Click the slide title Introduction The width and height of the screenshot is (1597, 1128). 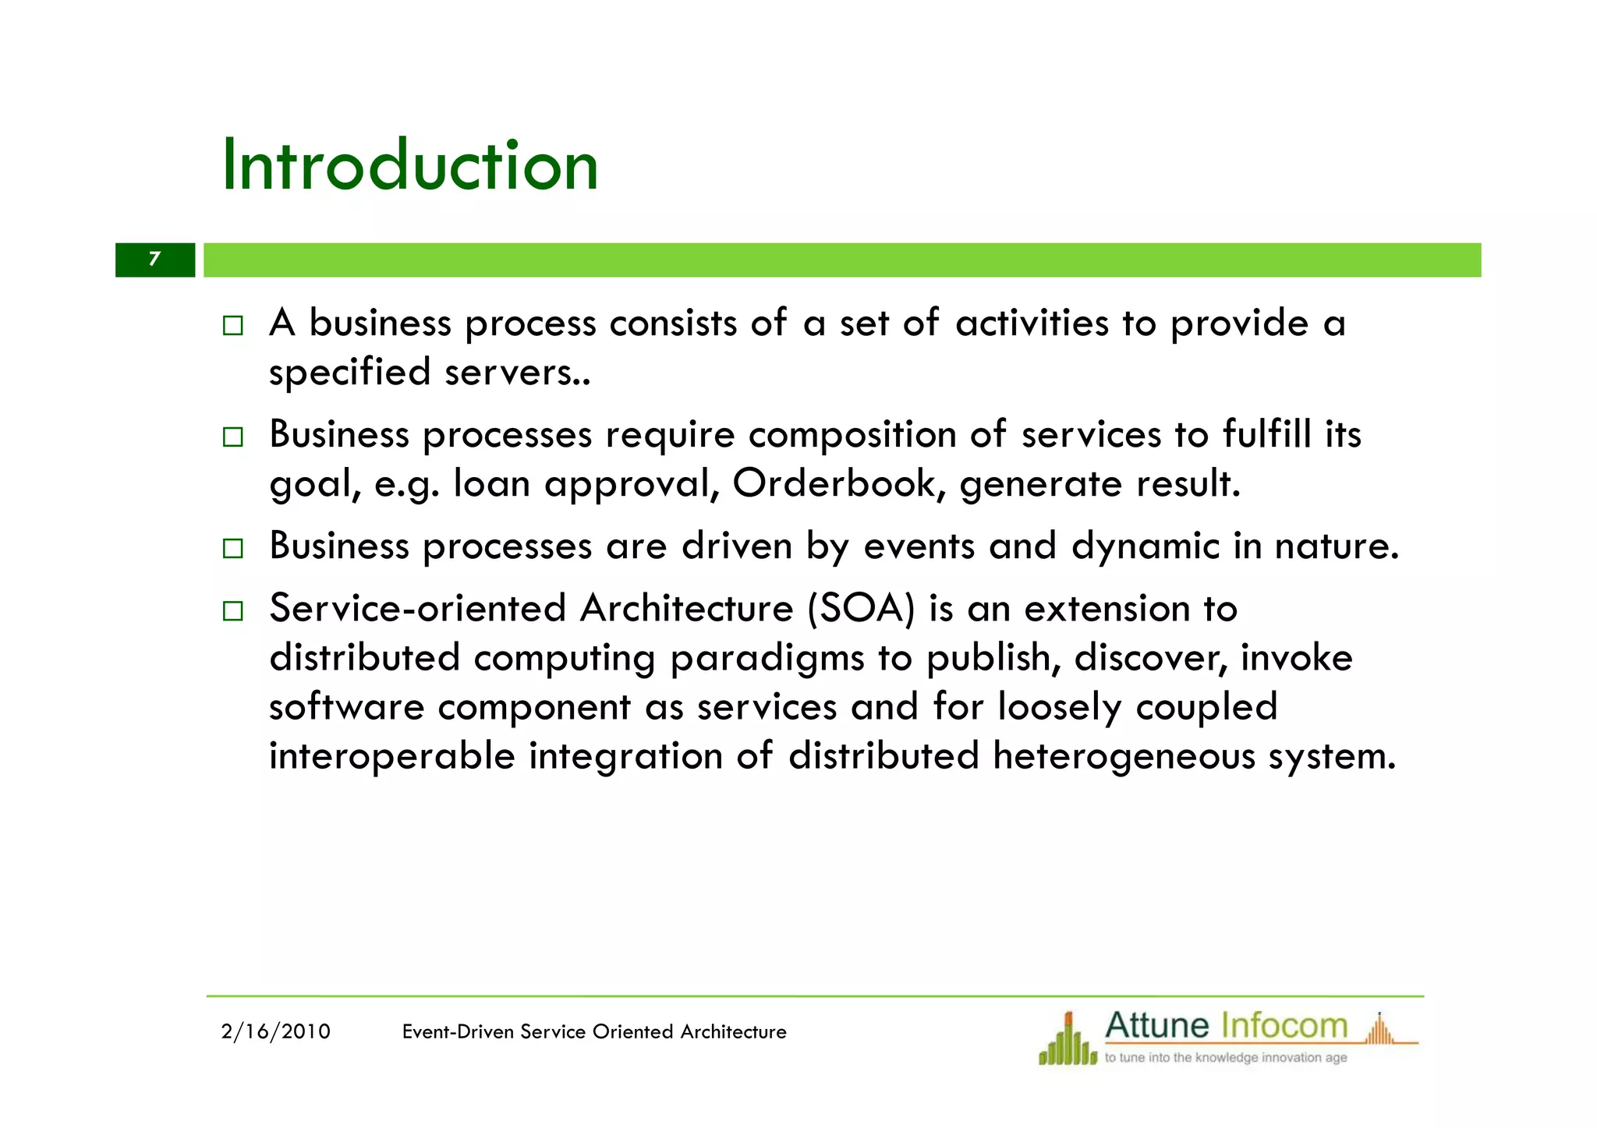[x=409, y=165]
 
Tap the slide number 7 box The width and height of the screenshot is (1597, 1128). [x=155, y=260]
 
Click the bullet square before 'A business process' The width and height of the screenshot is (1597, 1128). [x=232, y=325]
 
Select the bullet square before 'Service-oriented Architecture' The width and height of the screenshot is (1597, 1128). [x=232, y=610]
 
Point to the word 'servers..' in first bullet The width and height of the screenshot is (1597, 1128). [x=517, y=372]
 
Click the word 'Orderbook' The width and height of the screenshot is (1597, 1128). [x=833, y=483]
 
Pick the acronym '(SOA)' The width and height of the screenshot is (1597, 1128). [x=860, y=609]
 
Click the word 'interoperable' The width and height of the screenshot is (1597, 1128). [x=391, y=756]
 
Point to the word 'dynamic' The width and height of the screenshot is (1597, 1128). [x=1145, y=546]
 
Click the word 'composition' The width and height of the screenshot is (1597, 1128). [x=852, y=435]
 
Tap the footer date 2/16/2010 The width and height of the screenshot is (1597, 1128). [x=275, y=1032]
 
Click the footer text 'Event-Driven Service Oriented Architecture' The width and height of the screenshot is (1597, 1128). [x=593, y=1032]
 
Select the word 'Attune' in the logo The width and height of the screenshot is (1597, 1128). [x=1156, y=1026]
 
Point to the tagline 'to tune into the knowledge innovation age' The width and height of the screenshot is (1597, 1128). [x=1225, y=1058]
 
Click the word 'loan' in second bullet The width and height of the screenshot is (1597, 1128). [x=491, y=483]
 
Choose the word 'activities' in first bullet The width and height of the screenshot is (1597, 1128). [x=1031, y=324]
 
